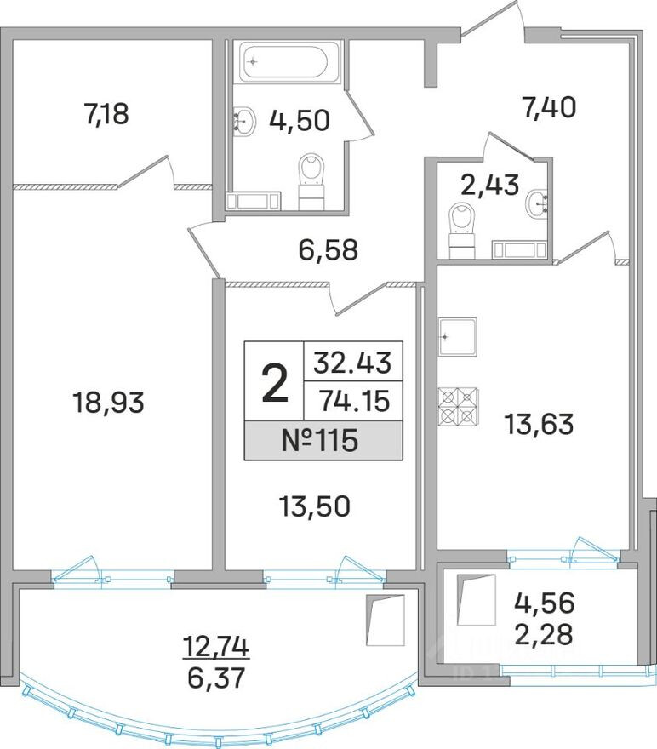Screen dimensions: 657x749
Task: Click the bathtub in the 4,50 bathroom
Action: [291, 61]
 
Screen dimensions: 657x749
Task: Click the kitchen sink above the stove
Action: [457, 338]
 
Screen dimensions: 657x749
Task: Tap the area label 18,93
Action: [108, 403]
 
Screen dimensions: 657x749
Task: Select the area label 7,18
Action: [106, 114]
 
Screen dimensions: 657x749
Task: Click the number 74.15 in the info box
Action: [354, 401]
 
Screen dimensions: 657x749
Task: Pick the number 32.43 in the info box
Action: [352, 363]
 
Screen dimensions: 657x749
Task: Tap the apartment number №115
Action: [320, 440]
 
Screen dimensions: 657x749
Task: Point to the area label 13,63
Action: [539, 424]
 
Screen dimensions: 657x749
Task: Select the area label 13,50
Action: [315, 506]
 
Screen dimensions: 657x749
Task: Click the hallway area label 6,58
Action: [328, 249]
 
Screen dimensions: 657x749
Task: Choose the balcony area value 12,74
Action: [216, 648]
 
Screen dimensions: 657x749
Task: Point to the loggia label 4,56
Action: [545, 603]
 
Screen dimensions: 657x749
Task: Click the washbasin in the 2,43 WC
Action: [537, 203]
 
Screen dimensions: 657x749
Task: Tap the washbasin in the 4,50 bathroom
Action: [244, 120]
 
